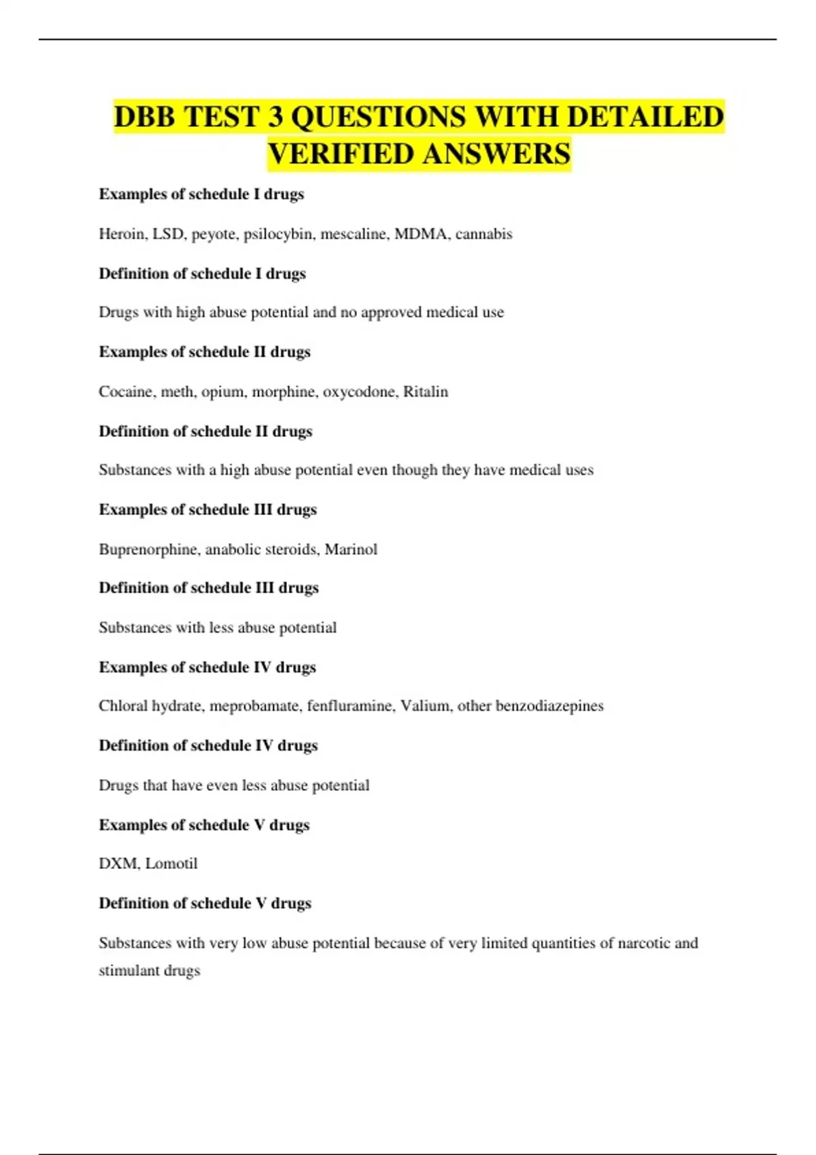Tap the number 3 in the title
coord(275,116)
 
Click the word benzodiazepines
coord(549,707)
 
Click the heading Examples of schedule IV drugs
coord(207,667)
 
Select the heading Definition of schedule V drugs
coord(205,903)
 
